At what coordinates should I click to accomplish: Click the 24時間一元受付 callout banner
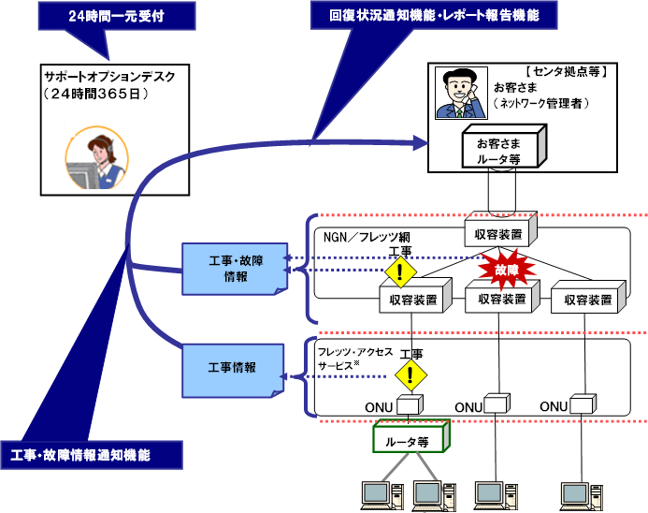(117, 16)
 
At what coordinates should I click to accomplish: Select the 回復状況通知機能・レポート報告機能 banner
(434, 15)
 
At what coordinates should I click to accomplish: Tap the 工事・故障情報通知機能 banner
(92, 455)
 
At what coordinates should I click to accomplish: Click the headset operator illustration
(96, 157)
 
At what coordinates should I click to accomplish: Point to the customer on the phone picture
(461, 93)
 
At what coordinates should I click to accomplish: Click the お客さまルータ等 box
(504, 147)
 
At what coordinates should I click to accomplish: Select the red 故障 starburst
(507, 270)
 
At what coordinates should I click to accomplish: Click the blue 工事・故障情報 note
(235, 269)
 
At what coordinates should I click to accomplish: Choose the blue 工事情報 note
(233, 371)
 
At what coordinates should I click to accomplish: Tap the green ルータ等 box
(411, 437)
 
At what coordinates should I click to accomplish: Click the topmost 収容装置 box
(500, 230)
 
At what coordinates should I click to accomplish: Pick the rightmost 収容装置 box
(588, 297)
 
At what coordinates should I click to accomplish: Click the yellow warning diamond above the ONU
(410, 375)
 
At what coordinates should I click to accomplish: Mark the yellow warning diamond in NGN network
(400, 271)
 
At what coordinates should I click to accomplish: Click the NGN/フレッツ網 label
(367, 237)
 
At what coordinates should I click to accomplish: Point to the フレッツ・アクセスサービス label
(354, 359)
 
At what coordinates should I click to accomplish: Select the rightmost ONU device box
(583, 404)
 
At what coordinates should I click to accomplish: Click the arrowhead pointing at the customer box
(421, 143)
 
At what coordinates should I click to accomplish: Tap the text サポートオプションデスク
(109, 77)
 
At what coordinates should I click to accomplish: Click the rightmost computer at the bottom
(581, 496)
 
